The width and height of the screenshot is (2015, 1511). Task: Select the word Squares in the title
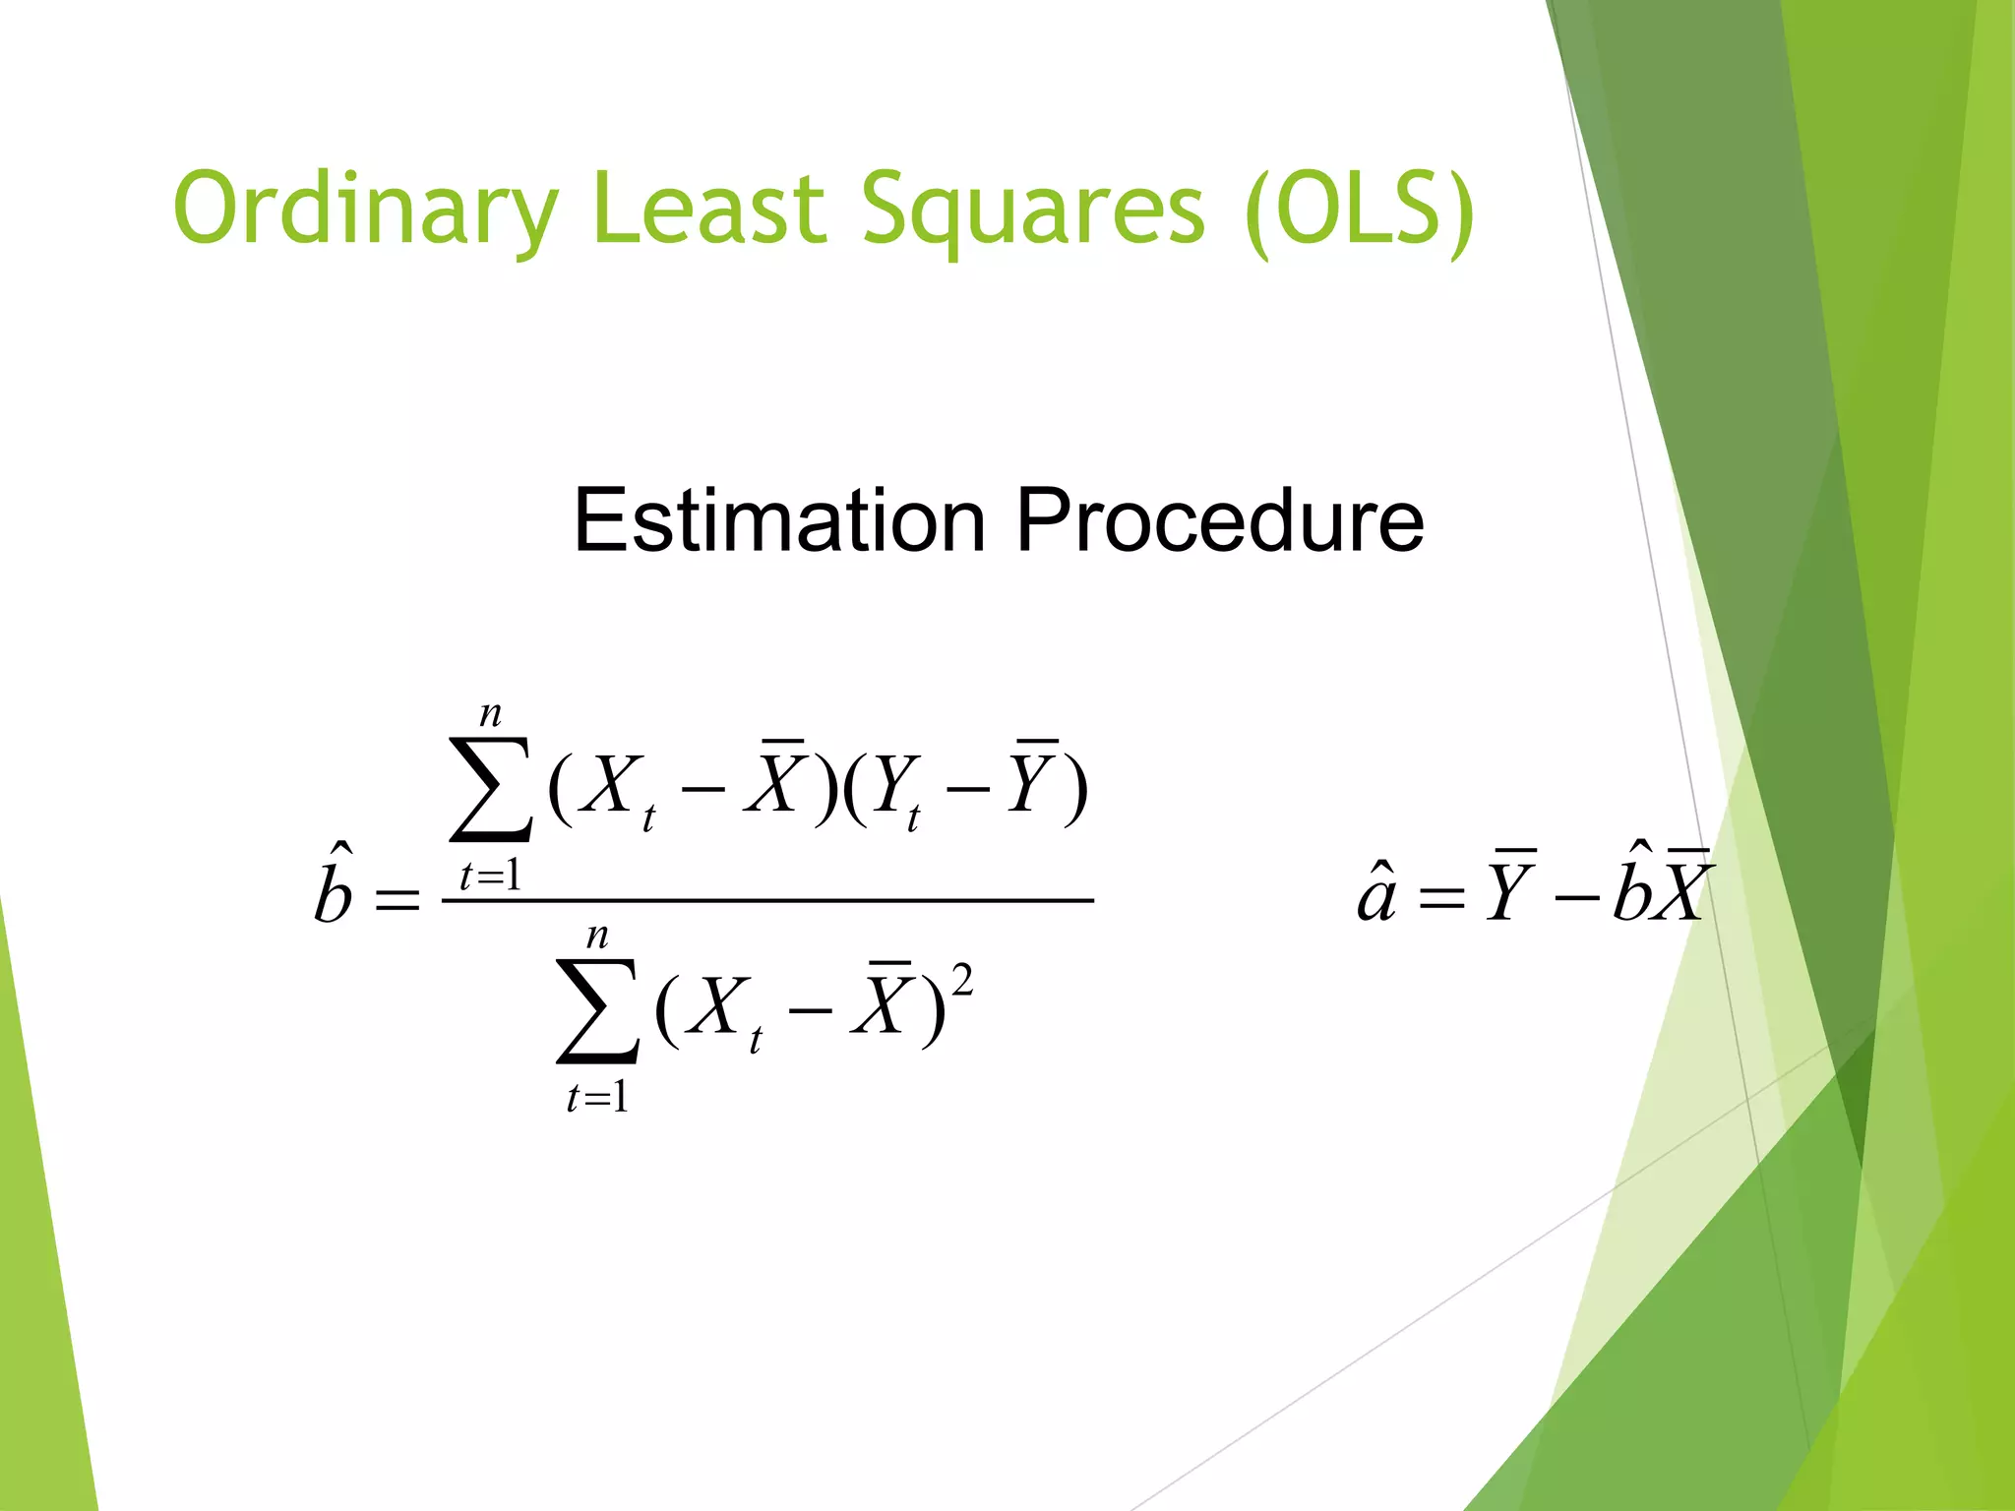click(1032, 210)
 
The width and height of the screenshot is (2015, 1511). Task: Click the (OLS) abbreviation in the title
click(1360, 210)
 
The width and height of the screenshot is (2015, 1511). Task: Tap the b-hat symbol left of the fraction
click(334, 886)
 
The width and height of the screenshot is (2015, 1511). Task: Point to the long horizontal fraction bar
click(767, 899)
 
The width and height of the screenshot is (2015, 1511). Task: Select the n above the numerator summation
click(490, 714)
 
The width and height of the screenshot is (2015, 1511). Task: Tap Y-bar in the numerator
click(1034, 782)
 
